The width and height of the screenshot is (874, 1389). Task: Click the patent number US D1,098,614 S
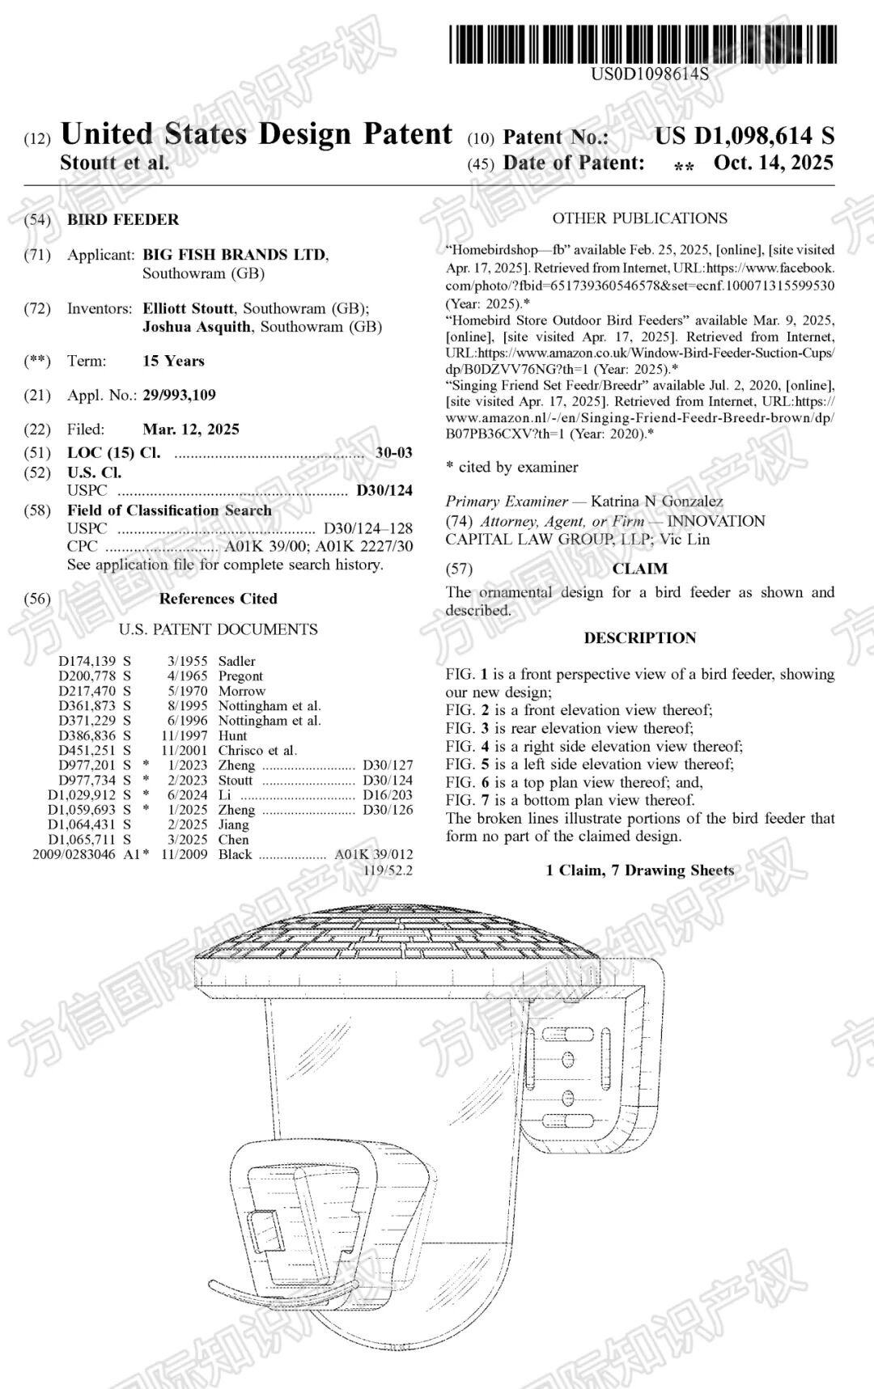coord(744,136)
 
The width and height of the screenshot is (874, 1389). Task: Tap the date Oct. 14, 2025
coord(773,163)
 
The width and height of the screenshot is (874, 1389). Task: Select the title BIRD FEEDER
coord(123,219)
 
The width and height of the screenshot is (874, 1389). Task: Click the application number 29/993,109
coord(179,395)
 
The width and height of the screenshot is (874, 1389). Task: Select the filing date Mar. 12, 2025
coord(191,429)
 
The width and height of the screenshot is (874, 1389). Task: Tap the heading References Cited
coord(218,599)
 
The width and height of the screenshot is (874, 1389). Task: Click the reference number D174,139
coord(87,661)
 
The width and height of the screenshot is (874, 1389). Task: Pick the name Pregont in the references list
coord(240,675)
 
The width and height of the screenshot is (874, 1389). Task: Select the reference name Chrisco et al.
coord(257,750)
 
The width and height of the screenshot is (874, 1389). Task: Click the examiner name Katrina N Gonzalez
coord(656,502)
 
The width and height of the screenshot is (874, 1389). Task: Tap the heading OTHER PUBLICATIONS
coord(639,218)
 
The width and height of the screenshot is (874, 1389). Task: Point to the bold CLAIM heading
coord(639,569)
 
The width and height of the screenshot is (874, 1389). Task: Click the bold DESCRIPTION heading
coord(639,637)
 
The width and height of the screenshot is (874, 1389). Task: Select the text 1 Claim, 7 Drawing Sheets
coord(639,870)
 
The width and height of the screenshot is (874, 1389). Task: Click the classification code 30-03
coord(394,452)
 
